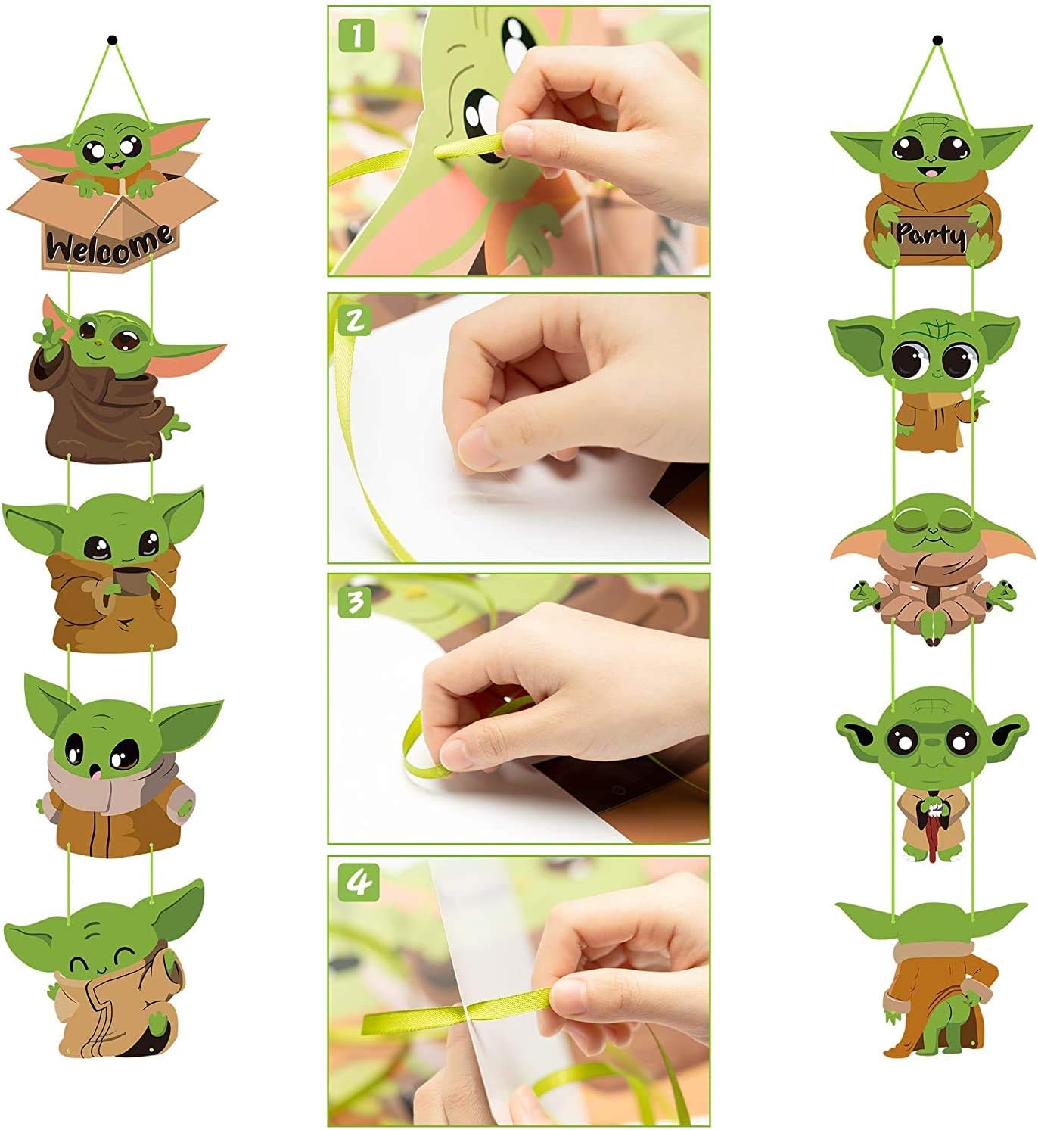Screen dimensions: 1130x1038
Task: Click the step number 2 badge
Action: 355,319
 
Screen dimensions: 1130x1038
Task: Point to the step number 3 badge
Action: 356,601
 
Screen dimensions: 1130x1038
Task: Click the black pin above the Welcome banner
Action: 113,38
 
